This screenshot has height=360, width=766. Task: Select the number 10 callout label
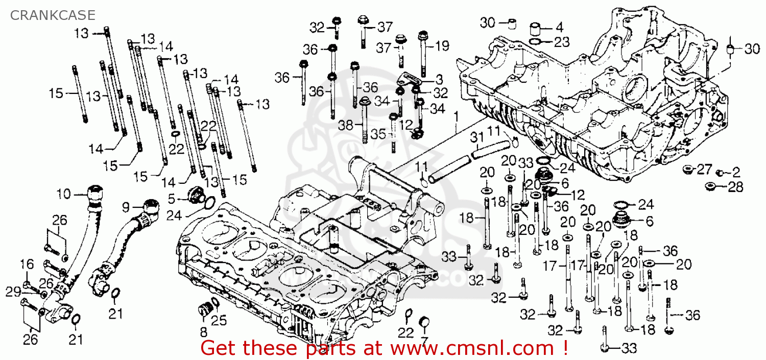(x=63, y=195)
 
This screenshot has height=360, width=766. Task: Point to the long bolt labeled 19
(x=423, y=56)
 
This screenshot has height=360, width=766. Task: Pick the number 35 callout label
(x=378, y=134)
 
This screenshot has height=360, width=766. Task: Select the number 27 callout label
(x=704, y=169)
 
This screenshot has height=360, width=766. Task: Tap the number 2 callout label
(x=735, y=172)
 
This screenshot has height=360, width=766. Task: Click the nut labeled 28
(x=710, y=186)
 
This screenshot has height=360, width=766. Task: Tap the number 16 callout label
(x=27, y=264)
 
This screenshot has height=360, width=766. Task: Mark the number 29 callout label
(x=13, y=292)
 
